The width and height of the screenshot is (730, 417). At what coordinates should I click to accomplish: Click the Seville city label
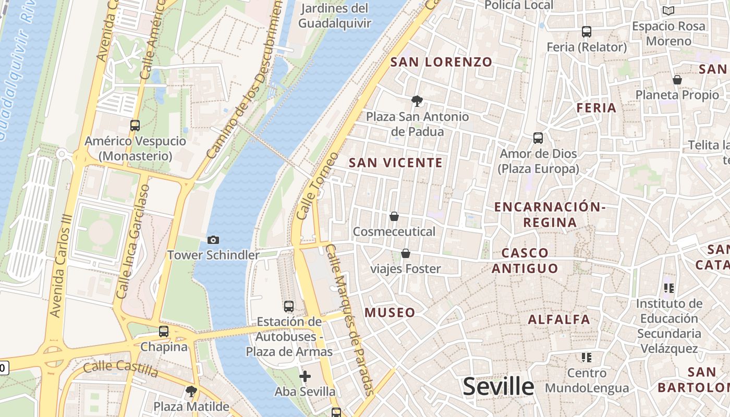pyautogui.click(x=498, y=387)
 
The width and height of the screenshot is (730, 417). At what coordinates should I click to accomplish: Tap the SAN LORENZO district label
pyautogui.click(x=441, y=62)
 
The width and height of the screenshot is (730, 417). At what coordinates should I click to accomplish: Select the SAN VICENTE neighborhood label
pyautogui.click(x=396, y=163)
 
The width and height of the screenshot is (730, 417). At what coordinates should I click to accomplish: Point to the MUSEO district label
pyautogui.click(x=390, y=313)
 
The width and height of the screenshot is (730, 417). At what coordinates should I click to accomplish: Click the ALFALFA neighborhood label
pyautogui.click(x=559, y=319)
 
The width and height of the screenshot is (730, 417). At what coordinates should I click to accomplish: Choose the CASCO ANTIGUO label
pyautogui.click(x=525, y=261)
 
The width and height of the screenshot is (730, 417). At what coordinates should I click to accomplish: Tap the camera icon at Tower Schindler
pyautogui.click(x=213, y=240)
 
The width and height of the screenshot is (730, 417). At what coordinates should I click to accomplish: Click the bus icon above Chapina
pyautogui.click(x=164, y=331)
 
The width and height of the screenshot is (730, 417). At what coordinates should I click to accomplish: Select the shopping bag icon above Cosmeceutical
pyautogui.click(x=394, y=216)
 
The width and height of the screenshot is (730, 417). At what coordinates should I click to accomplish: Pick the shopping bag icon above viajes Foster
pyautogui.click(x=405, y=253)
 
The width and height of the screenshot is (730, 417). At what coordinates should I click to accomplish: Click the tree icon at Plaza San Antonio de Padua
pyautogui.click(x=417, y=101)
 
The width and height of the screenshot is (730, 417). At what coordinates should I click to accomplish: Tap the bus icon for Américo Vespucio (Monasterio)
pyautogui.click(x=135, y=125)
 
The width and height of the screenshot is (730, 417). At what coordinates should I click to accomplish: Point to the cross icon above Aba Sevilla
pyautogui.click(x=305, y=376)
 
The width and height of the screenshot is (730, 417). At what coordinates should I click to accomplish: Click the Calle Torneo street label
pyautogui.click(x=317, y=186)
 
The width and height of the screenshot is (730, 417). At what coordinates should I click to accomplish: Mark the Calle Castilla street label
pyautogui.click(x=120, y=369)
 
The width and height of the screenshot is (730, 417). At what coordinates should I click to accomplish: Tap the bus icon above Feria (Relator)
pyautogui.click(x=587, y=31)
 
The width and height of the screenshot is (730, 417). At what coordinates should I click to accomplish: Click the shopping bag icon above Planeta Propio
pyautogui.click(x=677, y=80)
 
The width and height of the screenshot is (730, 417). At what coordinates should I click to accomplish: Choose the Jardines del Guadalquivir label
pyautogui.click(x=335, y=16)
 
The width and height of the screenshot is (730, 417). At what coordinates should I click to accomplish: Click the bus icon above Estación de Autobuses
pyautogui.click(x=289, y=306)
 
